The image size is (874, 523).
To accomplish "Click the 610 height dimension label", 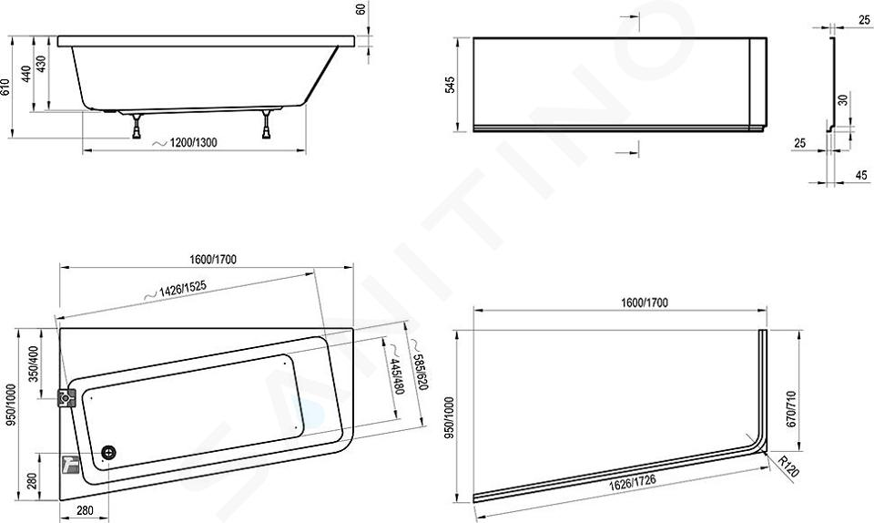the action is click(x=5, y=87).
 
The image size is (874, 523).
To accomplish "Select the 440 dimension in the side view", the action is click(x=26, y=74).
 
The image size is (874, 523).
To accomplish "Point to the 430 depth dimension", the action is click(x=41, y=64).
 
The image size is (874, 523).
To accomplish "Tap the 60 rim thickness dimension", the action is click(x=361, y=9).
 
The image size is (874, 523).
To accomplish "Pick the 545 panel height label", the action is click(x=450, y=85).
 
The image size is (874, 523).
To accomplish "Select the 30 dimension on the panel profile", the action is click(x=843, y=100).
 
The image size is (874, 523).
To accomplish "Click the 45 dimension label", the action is click(x=861, y=175).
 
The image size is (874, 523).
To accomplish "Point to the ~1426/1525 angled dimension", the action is click(x=176, y=290).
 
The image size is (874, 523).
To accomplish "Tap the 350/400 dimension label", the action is click(x=34, y=364).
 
